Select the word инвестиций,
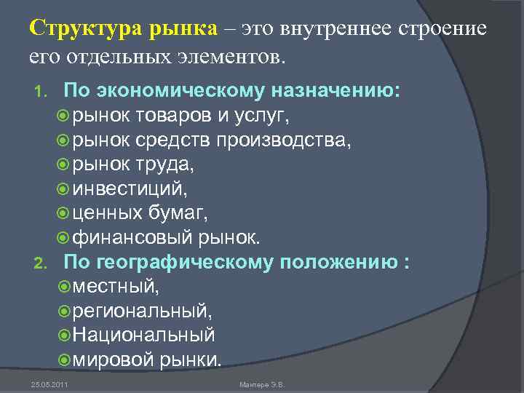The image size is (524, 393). click(130, 189)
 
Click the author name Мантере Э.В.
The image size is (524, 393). click(261, 384)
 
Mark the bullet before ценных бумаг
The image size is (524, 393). click(62, 214)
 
